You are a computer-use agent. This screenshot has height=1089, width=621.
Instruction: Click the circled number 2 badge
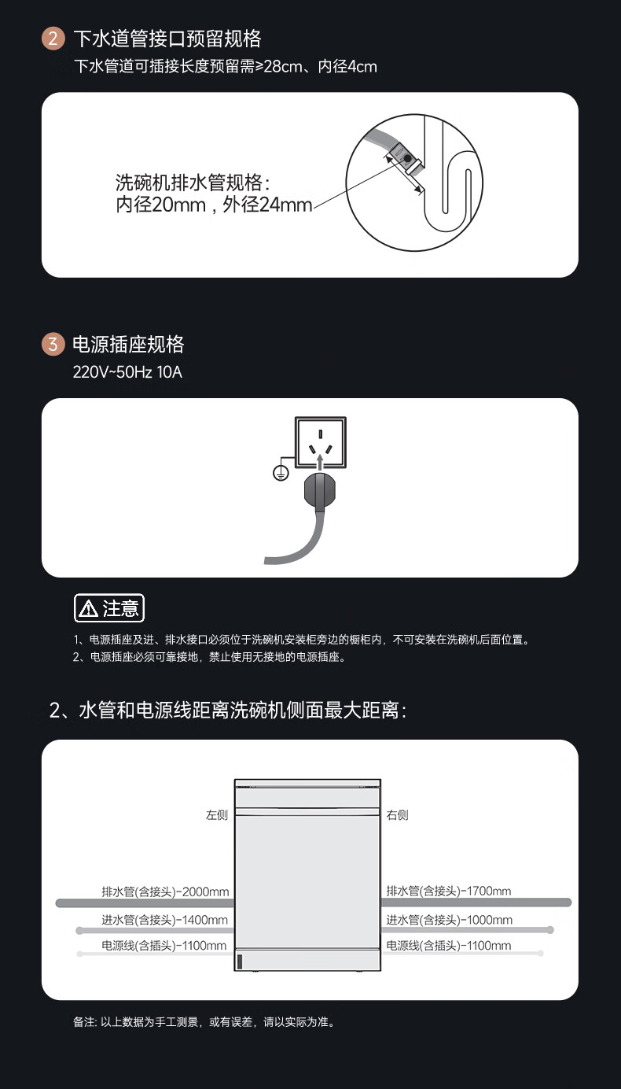[53, 39]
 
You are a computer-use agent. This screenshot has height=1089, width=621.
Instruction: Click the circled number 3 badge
[53, 344]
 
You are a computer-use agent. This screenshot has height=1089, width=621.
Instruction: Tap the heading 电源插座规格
[128, 344]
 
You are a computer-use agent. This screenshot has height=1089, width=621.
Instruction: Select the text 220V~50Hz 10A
[127, 372]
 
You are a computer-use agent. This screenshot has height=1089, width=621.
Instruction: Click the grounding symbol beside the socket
[281, 473]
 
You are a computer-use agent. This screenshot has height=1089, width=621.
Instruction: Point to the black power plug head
[320, 491]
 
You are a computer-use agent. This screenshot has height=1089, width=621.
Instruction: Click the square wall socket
[321, 442]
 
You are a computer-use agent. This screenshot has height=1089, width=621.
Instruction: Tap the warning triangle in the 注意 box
[88, 608]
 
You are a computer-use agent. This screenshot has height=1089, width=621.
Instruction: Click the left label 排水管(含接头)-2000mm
[165, 892]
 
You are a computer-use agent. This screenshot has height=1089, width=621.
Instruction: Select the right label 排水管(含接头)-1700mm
[449, 891]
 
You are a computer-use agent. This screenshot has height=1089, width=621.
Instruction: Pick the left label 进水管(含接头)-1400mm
[164, 920]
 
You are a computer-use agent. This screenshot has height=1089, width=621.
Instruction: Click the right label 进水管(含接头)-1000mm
[449, 920]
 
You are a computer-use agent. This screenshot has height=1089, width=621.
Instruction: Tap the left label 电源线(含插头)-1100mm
[164, 946]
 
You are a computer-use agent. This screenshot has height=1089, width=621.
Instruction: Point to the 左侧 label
[216, 815]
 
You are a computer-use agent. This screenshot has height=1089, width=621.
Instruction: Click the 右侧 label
[397, 815]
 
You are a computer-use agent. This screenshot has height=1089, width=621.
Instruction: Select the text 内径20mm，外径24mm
[214, 205]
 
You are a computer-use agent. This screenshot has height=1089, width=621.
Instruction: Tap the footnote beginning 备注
[204, 1022]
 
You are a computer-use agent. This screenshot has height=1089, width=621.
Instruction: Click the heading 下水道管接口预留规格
[167, 39]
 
